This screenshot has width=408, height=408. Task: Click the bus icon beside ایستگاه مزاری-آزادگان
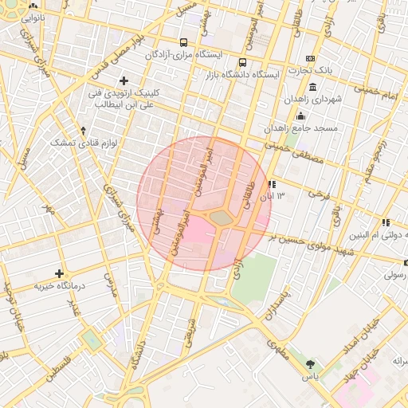pos(184,42)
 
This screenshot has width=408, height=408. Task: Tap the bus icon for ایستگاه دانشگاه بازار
pos(242,62)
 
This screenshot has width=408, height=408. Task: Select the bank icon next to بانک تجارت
pos(310,58)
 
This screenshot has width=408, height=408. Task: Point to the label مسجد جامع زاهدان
pos(303,127)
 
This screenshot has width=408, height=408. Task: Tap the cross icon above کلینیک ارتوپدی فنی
pos(124,80)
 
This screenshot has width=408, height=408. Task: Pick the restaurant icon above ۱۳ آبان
pos(273,183)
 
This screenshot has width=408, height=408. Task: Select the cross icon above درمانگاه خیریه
pos(59,273)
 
